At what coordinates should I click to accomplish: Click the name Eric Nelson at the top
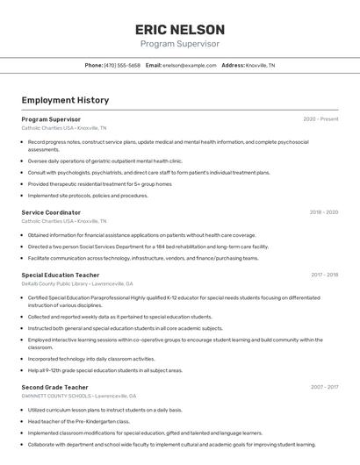click(179, 29)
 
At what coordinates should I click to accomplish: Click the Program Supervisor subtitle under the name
click(179, 44)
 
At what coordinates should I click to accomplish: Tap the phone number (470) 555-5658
click(122, 66)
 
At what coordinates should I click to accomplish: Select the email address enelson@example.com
click(190, 66)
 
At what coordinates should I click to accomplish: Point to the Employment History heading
click(65, 100)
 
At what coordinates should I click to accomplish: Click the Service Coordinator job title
click(51, 212)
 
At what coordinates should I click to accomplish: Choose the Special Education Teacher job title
click(61, 275)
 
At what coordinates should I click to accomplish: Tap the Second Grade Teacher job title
click(54, 387)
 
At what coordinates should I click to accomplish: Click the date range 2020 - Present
click(320, 119)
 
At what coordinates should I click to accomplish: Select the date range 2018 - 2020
click(323, 212)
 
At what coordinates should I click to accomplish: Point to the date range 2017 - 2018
click(324, 275)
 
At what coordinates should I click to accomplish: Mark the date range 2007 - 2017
click(324, 387)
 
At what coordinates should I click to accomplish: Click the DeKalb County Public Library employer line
click(77, 284)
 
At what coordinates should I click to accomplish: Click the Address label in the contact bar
click(233, 66)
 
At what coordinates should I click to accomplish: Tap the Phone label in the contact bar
click(93, 66)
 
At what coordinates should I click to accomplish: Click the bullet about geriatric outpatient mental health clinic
click(105, 161)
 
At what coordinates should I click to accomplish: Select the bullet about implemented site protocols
click(88, 196)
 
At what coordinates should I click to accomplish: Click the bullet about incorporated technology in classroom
click(91, 359)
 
